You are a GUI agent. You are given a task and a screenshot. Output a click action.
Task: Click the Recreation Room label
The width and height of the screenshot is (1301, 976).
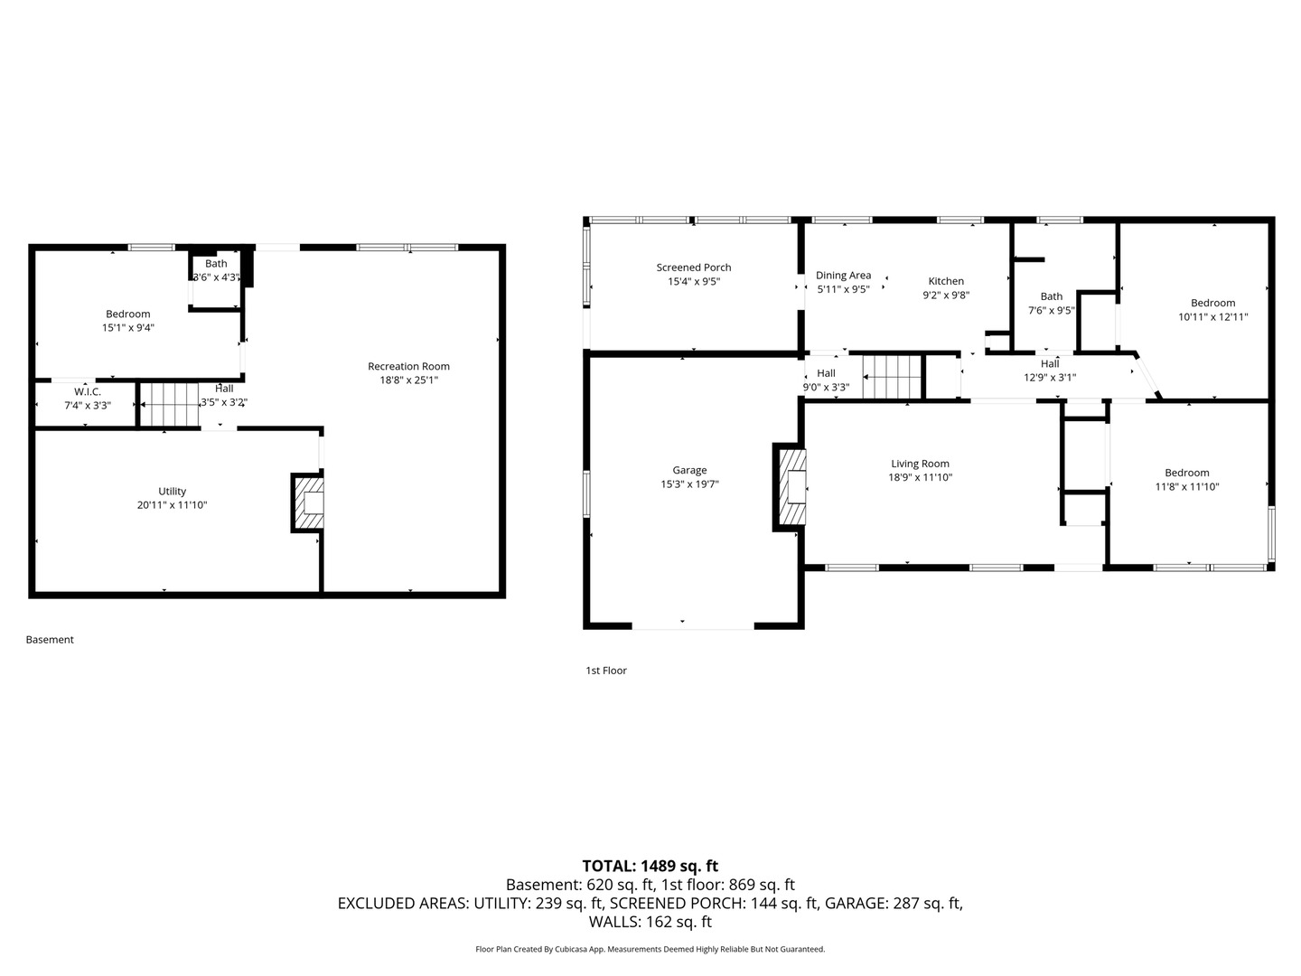408,366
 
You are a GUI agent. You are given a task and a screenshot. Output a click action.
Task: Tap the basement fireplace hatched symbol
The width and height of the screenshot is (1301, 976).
307,502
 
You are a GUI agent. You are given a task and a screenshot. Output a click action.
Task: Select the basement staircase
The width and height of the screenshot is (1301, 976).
171,404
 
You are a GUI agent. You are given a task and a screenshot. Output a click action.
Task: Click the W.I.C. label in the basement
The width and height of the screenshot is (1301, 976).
88,391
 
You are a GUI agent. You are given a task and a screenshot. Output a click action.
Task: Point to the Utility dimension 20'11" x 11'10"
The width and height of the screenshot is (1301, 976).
172,505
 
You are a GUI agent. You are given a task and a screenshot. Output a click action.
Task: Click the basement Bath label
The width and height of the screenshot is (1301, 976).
216,264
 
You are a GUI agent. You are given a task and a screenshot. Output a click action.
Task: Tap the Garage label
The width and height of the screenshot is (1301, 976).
689,470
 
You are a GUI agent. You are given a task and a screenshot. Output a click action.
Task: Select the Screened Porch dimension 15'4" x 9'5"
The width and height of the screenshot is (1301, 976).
693,281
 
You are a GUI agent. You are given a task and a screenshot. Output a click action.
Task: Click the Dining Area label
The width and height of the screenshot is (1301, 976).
843,276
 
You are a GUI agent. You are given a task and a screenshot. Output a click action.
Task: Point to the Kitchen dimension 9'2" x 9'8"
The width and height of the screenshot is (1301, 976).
945,295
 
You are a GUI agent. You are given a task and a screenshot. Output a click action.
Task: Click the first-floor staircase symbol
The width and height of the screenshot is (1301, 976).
892,377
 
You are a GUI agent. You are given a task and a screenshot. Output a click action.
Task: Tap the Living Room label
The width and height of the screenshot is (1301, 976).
920,464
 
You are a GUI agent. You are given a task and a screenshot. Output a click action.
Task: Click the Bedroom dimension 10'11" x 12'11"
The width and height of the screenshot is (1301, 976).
1212,317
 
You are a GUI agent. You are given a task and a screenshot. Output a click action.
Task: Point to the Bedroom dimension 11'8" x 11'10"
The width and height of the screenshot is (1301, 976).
1186,486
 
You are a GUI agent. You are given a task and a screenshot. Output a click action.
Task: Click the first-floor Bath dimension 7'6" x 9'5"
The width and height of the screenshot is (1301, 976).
1051,310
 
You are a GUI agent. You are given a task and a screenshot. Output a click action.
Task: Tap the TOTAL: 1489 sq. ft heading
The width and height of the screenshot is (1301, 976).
650,866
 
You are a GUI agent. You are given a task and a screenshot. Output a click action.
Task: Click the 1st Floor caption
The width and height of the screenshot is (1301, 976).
605,671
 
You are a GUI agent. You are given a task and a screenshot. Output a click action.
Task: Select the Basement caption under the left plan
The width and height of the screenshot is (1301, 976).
50,640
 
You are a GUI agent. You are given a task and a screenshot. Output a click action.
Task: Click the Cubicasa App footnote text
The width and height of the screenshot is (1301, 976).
650,949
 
